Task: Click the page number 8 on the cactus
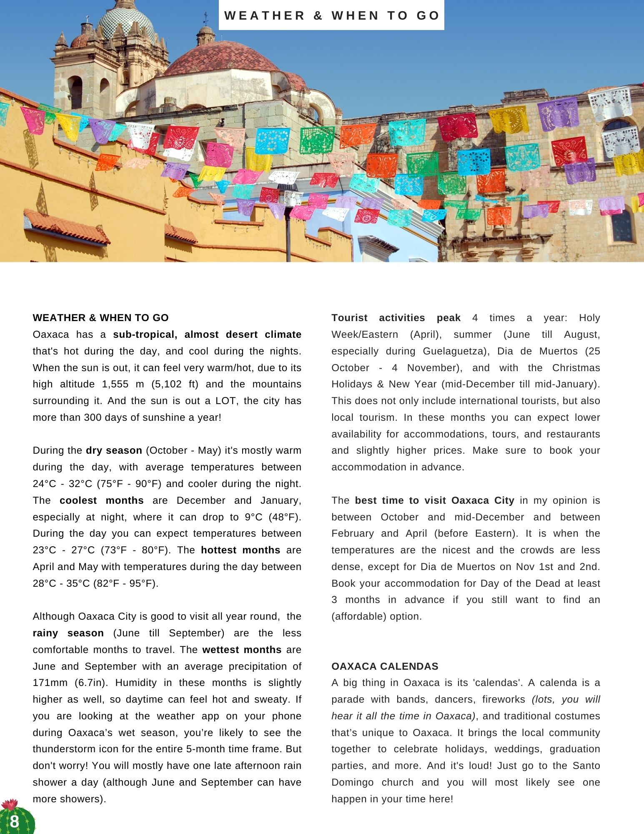pyautogui.click(x=15, y=821)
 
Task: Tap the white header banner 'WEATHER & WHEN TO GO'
pyautogui.click(x=331, y=15)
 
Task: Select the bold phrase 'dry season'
pyautogui.click(x=114, y=450)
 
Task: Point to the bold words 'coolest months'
pyautogui.click(x=101, y=500)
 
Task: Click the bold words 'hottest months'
pyautogui.click(x=241, y=550)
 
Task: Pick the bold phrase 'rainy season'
pyautogui.click(x=68, y=633)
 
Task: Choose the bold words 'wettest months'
pyautogui.click(x=242, y=650)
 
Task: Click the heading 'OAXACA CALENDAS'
pyautogui.click(x=385, y=666)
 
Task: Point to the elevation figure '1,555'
pyautogui.click(x=115, y=384)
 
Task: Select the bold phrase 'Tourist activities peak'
pyautogui.click(x=396, y=318)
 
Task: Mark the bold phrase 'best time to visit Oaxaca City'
pyautogui.click(x=434, y=500)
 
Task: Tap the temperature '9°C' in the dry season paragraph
pyautogui.click(x=254, y=517)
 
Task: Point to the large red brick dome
pyautogui.click(x=221, y=58)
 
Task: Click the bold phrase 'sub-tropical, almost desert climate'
pyautogui.click(x=207, y=334)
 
